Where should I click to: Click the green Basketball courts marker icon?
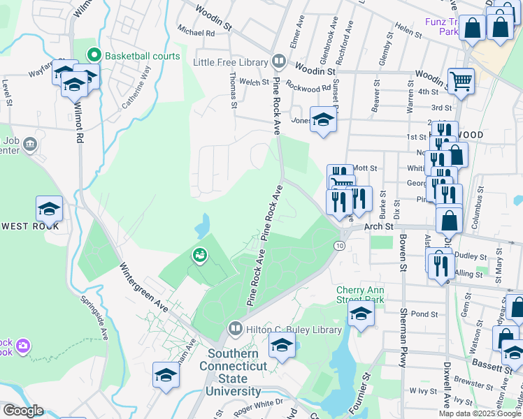93,55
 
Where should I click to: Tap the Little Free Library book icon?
278,62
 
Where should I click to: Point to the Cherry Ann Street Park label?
360,295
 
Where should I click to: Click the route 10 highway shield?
339,246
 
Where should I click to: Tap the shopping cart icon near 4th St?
461,81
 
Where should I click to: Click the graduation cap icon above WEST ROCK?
49,209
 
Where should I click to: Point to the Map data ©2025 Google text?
479,413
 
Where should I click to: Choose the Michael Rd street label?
196,32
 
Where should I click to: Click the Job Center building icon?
30,145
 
